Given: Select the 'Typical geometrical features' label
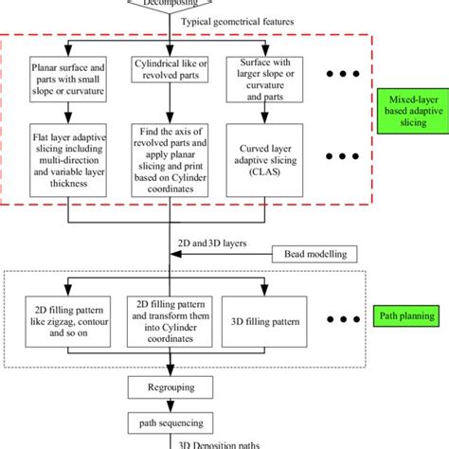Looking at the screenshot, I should (x=235, y=20).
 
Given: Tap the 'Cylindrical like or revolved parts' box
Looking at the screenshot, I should (x=170, y=76).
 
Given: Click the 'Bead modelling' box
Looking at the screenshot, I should (x=313, y=253).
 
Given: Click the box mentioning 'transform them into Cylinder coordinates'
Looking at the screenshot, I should (x=170, y=322).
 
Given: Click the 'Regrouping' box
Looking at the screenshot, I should (x=171, y=386).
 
